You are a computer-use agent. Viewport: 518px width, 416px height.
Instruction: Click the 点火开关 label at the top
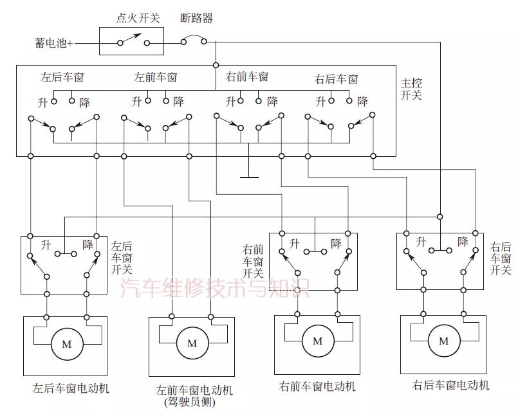point(137,19)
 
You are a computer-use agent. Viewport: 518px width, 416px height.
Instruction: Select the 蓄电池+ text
point(54,44)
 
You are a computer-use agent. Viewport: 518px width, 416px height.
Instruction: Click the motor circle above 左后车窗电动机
point(66,344)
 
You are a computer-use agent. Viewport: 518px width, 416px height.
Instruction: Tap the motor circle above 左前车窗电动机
point(192,343)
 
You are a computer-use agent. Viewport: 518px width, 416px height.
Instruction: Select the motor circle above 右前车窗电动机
point(317,341)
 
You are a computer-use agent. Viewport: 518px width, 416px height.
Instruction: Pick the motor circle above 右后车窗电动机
point(443,341)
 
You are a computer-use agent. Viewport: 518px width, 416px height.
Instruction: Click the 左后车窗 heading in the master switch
point(62,77)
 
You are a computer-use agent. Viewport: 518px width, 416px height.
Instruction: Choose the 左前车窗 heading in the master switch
point(155,77)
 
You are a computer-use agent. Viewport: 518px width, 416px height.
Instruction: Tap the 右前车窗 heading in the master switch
point(247,77)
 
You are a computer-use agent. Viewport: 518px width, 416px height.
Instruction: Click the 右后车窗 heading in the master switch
point(336,79)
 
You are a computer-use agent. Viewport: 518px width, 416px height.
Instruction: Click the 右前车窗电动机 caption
point(317,387)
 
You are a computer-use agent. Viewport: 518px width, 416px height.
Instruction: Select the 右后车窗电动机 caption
point(450,385)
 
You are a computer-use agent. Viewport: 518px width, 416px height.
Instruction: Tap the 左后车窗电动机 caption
point(71,388)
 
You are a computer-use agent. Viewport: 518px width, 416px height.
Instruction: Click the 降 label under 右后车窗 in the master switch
point(362,102)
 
